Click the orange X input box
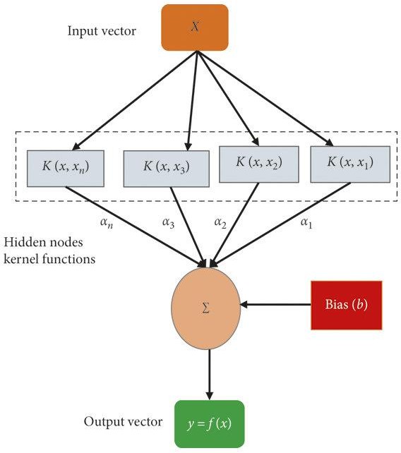195,28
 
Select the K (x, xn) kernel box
66,169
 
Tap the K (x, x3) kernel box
166,169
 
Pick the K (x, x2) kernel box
259,164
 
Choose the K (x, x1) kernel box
350,164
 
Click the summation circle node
206,308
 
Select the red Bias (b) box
347,305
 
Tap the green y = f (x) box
210,424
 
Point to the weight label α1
306,223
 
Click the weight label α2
220,223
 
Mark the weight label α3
168,223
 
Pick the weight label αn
107,223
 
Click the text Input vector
102,31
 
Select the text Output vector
123,421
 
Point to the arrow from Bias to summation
275,304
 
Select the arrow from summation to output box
210,375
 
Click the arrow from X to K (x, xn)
135,100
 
